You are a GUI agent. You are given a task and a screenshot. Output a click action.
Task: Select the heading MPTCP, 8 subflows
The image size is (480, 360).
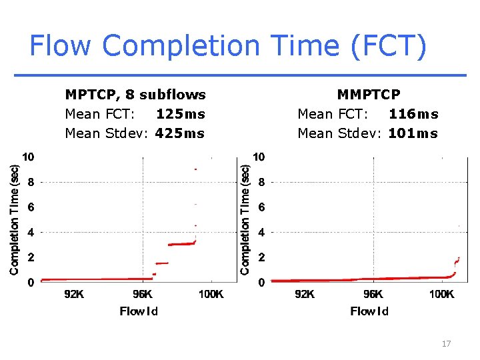(x=135, y=95)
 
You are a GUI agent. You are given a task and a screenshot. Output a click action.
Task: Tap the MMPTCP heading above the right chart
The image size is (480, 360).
(x=369, y=95)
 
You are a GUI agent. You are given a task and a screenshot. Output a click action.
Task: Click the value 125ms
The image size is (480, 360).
(x=180, y=114)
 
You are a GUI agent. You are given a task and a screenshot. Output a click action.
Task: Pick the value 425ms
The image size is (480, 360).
(x=180, y=133)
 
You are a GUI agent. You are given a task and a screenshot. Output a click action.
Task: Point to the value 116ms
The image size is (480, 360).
(x=413, y=114)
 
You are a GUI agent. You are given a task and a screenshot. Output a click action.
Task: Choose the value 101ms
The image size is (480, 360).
(x=413, y=133)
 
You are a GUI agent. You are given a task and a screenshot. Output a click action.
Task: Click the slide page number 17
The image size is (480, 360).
(x=446, y=343)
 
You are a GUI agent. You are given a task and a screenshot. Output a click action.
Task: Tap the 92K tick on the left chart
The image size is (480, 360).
(x=74, y=294)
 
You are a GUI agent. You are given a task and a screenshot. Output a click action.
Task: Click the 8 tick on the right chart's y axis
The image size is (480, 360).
(x=261, y=181)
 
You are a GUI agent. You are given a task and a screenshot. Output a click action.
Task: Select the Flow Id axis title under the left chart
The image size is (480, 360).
(x=139, y=311)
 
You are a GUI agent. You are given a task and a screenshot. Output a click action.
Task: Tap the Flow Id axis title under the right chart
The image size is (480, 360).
(x=369, y=311)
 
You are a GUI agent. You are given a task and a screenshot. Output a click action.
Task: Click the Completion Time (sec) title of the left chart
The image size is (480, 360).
(x=14, y=219)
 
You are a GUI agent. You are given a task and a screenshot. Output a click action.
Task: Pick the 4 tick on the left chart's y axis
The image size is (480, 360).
(x=30, y=232)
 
